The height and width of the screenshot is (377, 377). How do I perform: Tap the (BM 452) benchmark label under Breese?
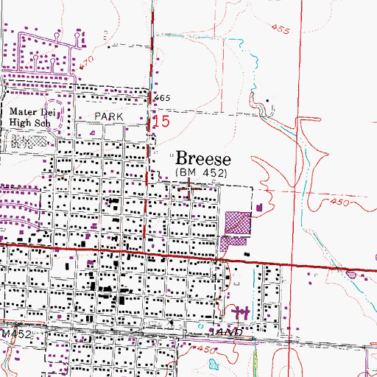point(202,173)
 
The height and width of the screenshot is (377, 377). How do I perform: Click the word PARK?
point(108,116)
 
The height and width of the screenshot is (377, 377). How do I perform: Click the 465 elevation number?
point(163,98)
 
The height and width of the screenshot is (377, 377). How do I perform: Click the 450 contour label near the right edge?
point(339,200)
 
